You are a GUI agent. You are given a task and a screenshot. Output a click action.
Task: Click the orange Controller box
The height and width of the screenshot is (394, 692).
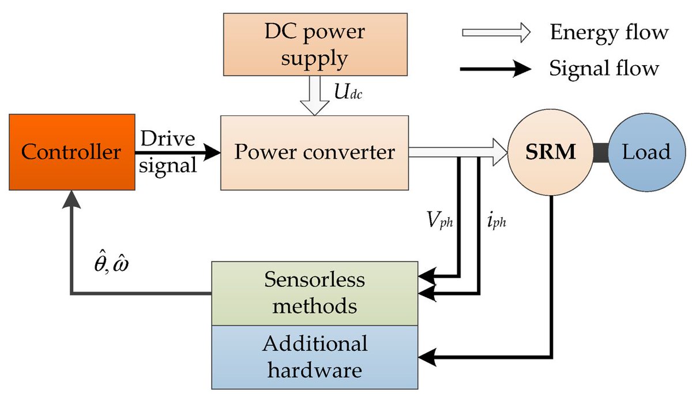coord(72,152)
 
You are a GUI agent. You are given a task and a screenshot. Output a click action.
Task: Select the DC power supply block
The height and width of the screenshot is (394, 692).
coord(314,45)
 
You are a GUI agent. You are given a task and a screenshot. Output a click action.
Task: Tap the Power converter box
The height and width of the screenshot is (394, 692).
coord(314,153)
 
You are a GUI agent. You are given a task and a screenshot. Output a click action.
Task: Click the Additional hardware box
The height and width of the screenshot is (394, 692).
coord(314,357)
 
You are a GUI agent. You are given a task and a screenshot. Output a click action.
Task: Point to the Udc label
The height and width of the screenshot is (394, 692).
coord(349,92)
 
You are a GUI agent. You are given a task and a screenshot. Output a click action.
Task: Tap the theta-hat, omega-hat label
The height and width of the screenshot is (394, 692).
coord(110,265)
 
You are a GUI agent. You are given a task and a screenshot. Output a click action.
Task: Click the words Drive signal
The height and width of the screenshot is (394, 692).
coord(167,152)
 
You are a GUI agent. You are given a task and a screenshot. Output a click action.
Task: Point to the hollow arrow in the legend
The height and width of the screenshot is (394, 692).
coord(496,33)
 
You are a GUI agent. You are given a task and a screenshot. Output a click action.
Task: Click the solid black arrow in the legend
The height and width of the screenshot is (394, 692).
coord(496,70)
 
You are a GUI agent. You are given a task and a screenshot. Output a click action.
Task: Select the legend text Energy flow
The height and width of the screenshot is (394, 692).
coord(608,33)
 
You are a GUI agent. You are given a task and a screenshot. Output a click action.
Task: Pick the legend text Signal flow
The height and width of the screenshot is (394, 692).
coord(604,69)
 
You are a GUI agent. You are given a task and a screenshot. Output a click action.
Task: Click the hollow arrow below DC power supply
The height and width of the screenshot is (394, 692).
coord(314,101)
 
